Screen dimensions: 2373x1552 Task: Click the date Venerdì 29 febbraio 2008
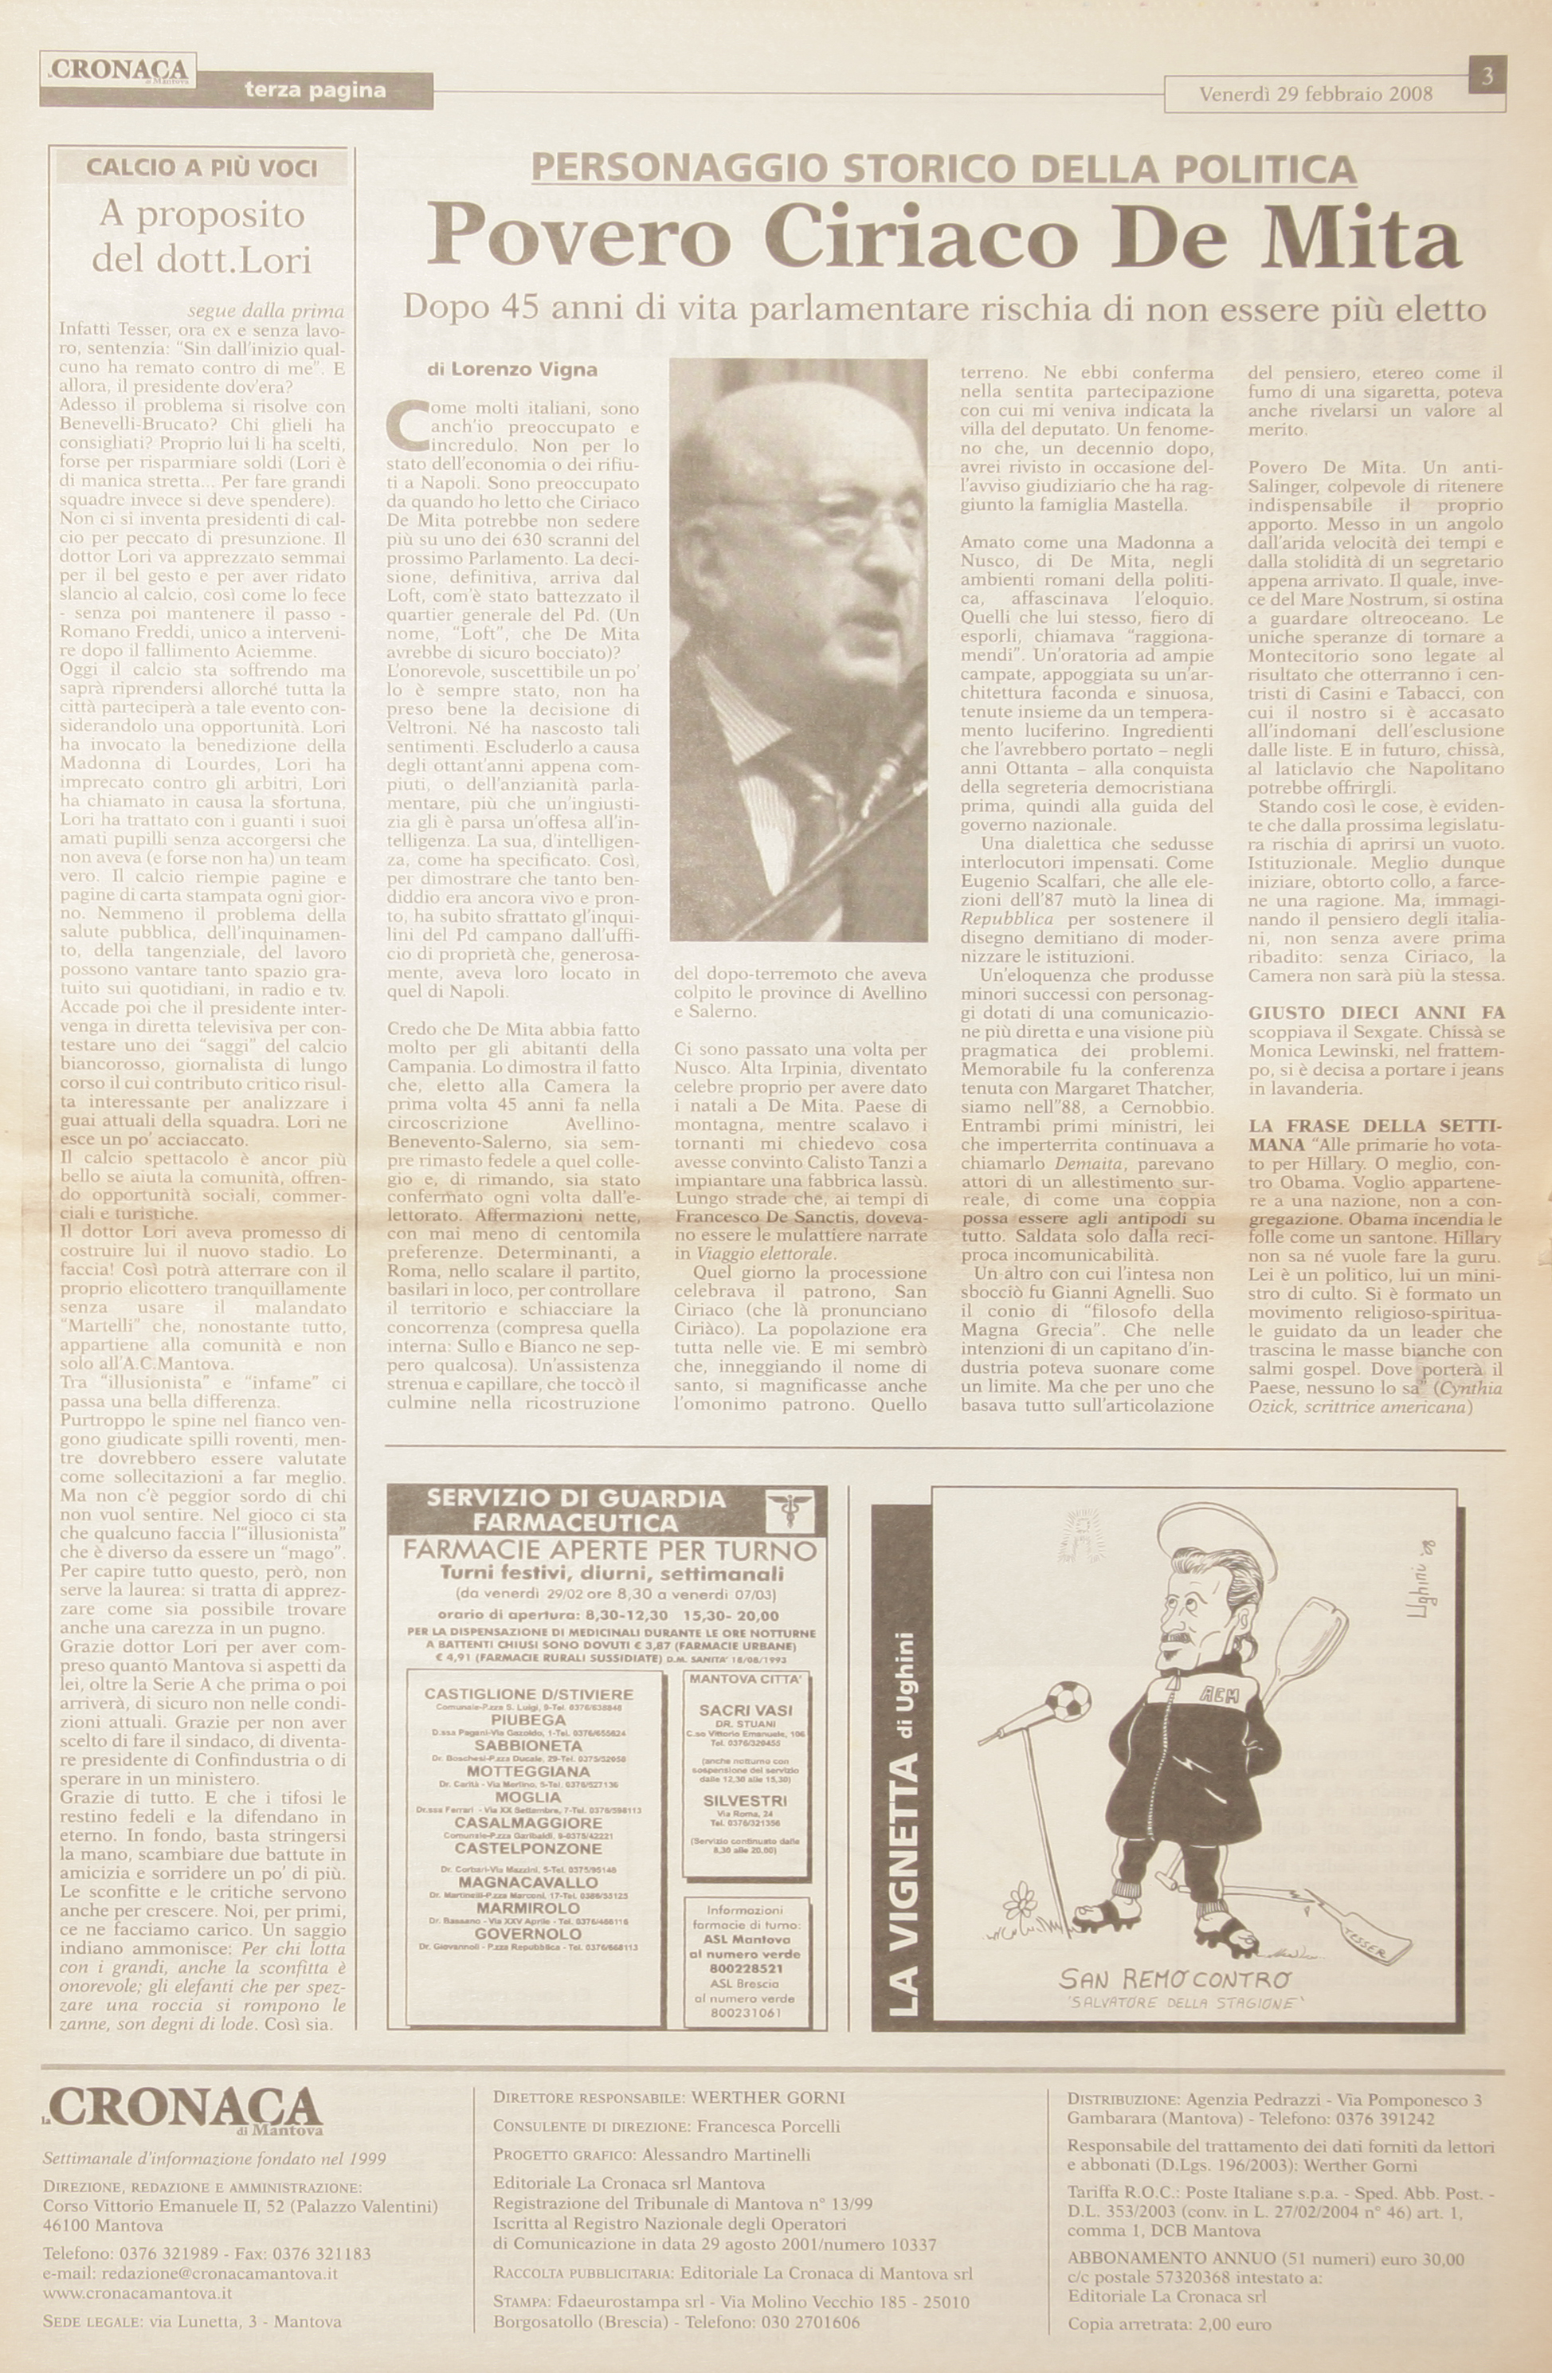(1315, 95)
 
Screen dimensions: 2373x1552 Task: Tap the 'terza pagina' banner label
(314, 92)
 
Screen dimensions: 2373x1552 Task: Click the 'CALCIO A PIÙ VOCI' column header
(202, 167)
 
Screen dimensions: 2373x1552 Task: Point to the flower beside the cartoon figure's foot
(1020, 1901)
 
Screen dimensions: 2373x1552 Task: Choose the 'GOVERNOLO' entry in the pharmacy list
(528, 1933)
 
